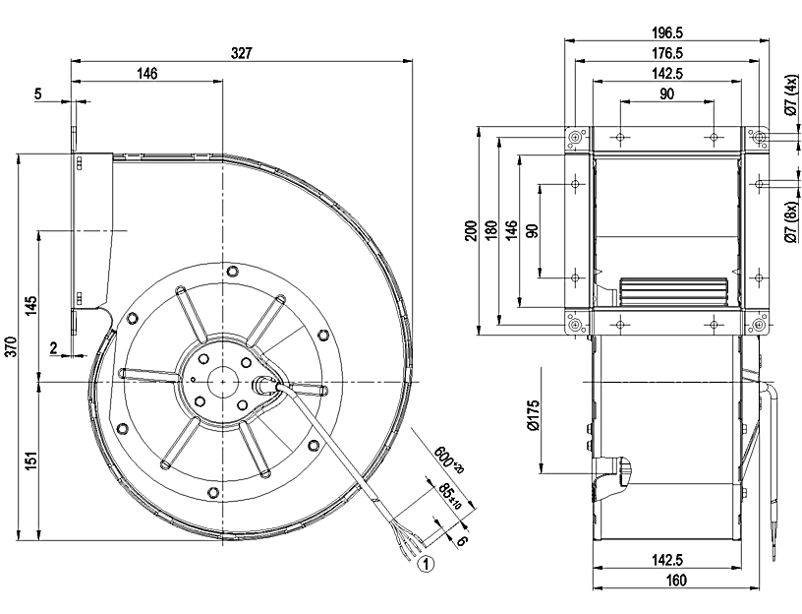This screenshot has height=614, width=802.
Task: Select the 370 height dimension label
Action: pyautogui.click(x=11, y=345)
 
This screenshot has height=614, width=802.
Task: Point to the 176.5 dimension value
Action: pyautogui.click(x=667, y=52)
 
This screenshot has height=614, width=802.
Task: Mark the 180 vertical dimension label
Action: pyautogui.click(x=491, y=230)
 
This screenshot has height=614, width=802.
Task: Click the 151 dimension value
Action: pyautogui.click(x=32, y=459)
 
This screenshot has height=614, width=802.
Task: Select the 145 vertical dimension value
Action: pyautogui.click(x=32, y=304)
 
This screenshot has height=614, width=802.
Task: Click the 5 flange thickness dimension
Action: pyautogui.click(x=38, y=94)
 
